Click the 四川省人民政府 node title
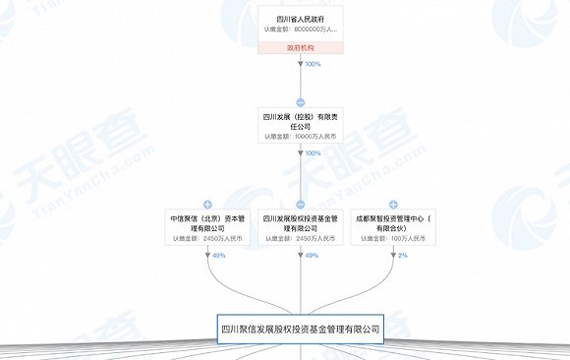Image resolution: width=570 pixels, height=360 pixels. pos(301,17)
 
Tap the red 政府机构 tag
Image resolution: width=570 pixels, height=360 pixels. pos(301,47)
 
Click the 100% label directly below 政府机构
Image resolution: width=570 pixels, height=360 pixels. pos(313,64)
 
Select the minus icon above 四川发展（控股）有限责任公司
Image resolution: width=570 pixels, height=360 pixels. pos(301,101)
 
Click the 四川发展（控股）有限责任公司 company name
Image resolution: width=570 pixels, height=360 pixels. pos(301,120)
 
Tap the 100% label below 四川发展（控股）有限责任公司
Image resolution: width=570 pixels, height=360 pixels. pos(313,153)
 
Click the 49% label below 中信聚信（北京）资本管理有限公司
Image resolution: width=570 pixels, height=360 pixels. pos(218,255)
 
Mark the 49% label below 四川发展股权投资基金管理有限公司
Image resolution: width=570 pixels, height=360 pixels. pos(312,255)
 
